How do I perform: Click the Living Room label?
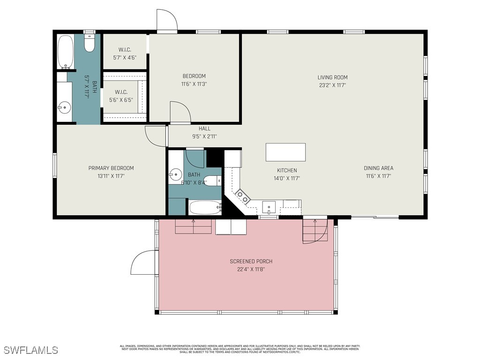click(x=332, y=77)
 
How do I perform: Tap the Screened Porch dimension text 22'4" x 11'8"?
click(x=251, y=270)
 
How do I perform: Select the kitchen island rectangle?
click(x=285, y=152)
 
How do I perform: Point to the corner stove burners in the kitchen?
click(x=242, y=196)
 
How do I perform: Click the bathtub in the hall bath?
click(x=205, y=207)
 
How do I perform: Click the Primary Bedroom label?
click(x=111, y=168)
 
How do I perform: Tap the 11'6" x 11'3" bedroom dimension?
click(x=194, y=84)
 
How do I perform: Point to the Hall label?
click(x=204, y=128)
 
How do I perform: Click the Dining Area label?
click(x=378, y=168)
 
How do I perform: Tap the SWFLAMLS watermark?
click(x=31, y=350)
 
